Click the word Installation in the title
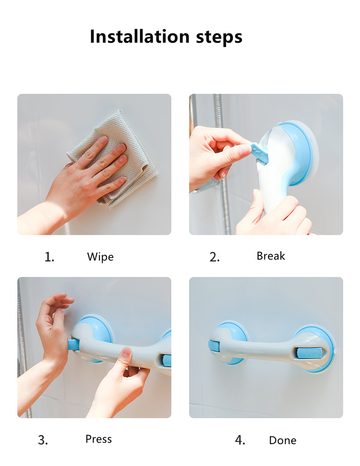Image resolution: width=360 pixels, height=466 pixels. coord(139,36)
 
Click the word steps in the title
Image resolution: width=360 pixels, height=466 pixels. coord(219,37)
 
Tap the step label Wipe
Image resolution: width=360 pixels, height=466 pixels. coord(100,257)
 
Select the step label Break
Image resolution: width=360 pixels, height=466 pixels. coord(271,256)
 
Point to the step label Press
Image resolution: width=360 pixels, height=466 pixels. coord(98,439)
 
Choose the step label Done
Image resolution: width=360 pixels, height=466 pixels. coord(283,440)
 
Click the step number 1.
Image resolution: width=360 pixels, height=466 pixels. coord(49,257)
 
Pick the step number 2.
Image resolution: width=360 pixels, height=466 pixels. coord(214,257)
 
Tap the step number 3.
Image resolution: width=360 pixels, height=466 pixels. coord(43,440)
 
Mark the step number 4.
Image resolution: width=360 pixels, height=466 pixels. coord(240,440)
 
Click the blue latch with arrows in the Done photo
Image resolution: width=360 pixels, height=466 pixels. coord(309,353)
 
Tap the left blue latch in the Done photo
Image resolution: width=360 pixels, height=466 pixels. coord(213,347)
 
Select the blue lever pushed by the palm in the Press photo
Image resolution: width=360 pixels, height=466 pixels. coord(73,345)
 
